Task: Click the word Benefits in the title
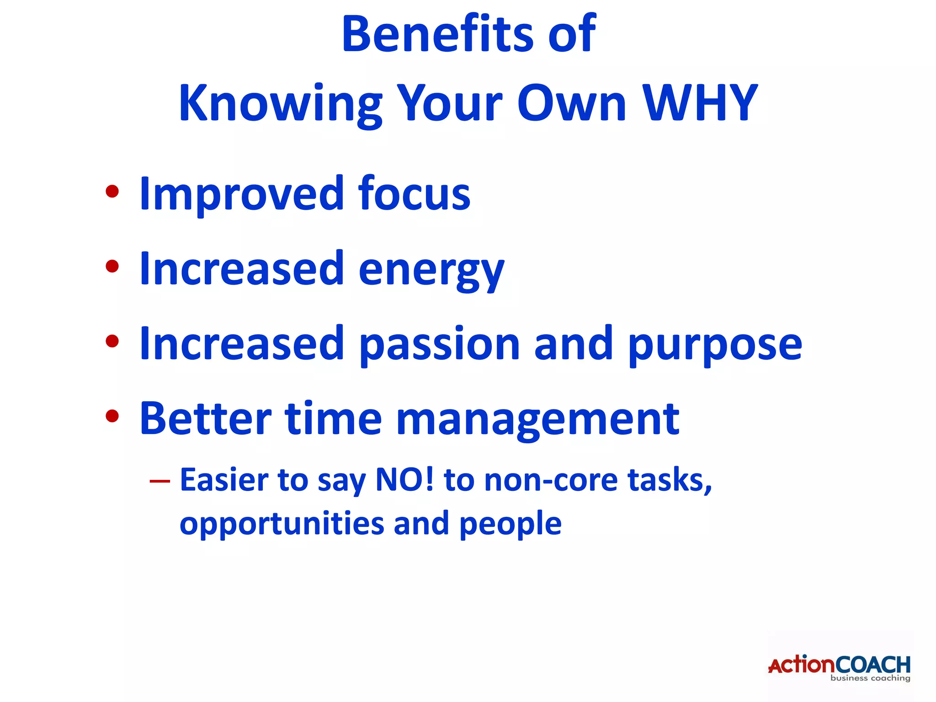pyautogui.click(x=437, y=34)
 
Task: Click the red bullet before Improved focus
pyautogui.click(x=112, y=192)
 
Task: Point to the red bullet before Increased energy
pyautogui.click(x=112, y=266)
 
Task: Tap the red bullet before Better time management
pyautogui.click(x=112, y=416)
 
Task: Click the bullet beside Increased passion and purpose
pyautogui.click(x=112, y=341)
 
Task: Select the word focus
pyautogui.click(x=414, y=194)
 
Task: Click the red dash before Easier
pyautogui.click(x=160, y=481)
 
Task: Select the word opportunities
pyautogui.click(x=282, y=524)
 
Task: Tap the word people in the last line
pyautogui.click(x=510, y=524)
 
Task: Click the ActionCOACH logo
pyautogui.click(x=839, y=665)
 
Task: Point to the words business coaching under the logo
pyautogui.click(x=870, y=678)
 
